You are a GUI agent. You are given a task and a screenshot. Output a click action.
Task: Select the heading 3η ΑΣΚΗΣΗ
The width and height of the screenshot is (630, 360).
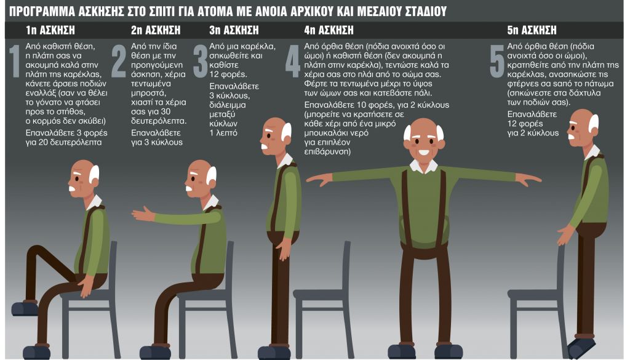[x=234, y=30]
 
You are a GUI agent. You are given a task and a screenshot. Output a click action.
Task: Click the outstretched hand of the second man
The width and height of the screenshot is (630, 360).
[x=142, y=214]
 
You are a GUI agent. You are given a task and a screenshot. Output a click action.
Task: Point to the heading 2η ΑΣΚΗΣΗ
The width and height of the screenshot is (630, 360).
[x=154, y=30]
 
